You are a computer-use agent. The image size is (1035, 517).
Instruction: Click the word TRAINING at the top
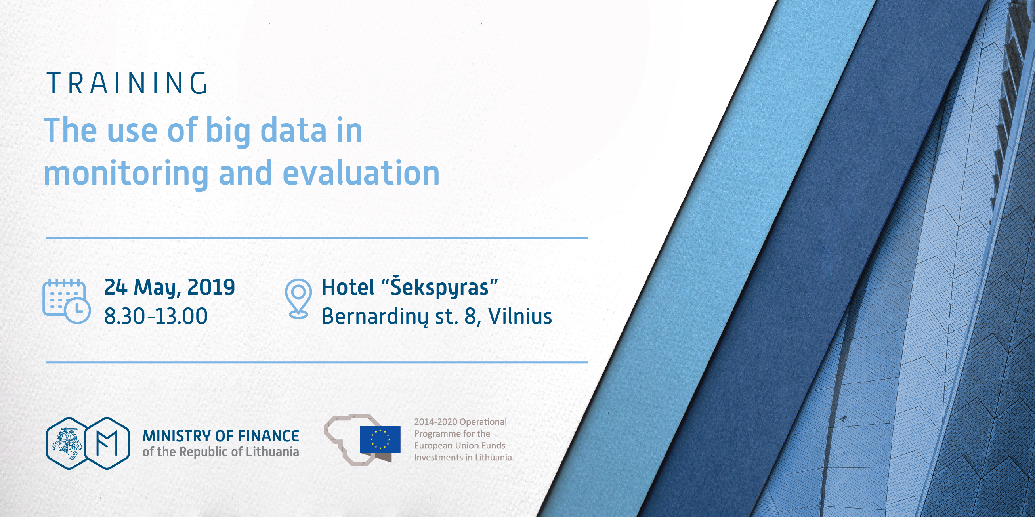pos(127,84)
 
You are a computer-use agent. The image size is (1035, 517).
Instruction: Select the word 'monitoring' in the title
pos(126,174)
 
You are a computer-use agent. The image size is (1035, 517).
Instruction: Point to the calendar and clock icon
pos(66,301)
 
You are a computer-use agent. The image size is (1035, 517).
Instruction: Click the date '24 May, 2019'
pos(170,288)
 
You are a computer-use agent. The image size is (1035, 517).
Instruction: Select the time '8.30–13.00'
pos(156,316)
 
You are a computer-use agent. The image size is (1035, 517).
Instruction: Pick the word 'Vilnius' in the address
pos(520,316)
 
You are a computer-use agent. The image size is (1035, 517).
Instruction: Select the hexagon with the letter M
pos(107,443)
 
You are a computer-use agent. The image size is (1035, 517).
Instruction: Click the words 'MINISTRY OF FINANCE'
pos(221,436)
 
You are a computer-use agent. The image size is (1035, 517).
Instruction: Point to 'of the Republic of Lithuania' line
pos(221,452)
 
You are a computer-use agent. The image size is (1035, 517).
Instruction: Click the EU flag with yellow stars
pos(380,439)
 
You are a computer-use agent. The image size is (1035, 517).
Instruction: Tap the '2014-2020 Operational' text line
pos(460,422)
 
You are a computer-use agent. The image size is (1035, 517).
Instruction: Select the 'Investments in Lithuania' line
pos(463,457)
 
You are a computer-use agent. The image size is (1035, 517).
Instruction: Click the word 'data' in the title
pos(294,131)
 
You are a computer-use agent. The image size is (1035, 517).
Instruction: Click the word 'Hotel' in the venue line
pos(348,288)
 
